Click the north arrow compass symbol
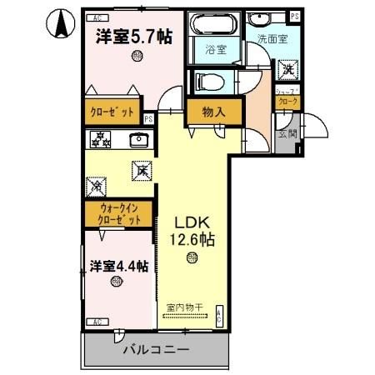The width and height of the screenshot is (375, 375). (x=61, y=22)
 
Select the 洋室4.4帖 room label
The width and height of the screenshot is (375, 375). (x=118, y=267)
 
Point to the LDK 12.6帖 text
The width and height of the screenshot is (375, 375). (x=194, y=232)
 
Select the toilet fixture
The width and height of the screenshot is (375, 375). (x=207, y=81)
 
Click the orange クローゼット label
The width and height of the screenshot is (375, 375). (x=112, y=111)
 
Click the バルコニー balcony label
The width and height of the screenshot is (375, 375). (x=156, y=348)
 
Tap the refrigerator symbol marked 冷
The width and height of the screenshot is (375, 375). (x=97, y=179)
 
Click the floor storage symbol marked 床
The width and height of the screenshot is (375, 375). (x=138, y=171)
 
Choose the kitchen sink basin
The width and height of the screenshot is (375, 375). (x=140, y=139)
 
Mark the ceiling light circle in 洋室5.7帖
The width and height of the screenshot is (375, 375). (x=136, y=57)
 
